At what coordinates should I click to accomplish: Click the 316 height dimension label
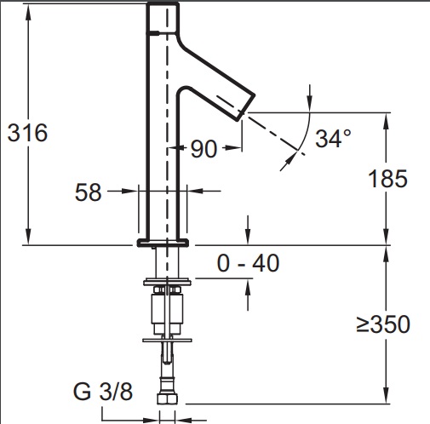pos(27,133)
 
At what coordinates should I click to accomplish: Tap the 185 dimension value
pos(387,179)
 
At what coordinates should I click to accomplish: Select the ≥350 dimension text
pos(383,324)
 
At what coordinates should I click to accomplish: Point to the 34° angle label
pos(333,139)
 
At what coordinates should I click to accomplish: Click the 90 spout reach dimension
pos(204,149)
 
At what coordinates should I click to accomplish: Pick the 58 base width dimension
pos(88,192)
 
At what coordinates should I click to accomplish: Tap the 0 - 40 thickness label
pos(248,263)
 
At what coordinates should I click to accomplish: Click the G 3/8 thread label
pos(103,392)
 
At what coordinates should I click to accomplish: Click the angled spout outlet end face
pos(246,107)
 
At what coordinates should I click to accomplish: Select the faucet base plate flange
pos(163,243)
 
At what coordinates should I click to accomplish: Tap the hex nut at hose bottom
pos(168,398)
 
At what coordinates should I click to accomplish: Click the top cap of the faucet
pos(163,18)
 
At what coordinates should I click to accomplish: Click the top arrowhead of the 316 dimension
pos(28,12)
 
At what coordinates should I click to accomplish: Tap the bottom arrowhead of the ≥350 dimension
pos(386,395)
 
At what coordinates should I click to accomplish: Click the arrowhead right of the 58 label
pos(195,191)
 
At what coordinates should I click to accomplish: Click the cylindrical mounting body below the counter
pos(167,309)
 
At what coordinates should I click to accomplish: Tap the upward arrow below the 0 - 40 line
pos(249,295)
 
